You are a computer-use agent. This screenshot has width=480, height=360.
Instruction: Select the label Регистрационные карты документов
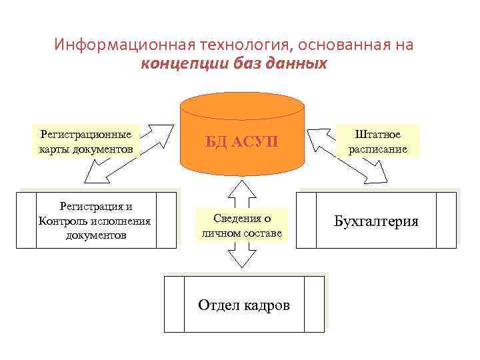(86, 141)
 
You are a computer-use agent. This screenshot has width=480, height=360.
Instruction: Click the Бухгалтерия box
(376, 221)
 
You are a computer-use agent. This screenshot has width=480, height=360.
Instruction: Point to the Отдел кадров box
(244, 305)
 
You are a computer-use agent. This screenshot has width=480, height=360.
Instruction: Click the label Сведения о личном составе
(241, 226)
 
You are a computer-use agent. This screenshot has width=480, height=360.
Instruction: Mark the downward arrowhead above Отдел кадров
(242, 262)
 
